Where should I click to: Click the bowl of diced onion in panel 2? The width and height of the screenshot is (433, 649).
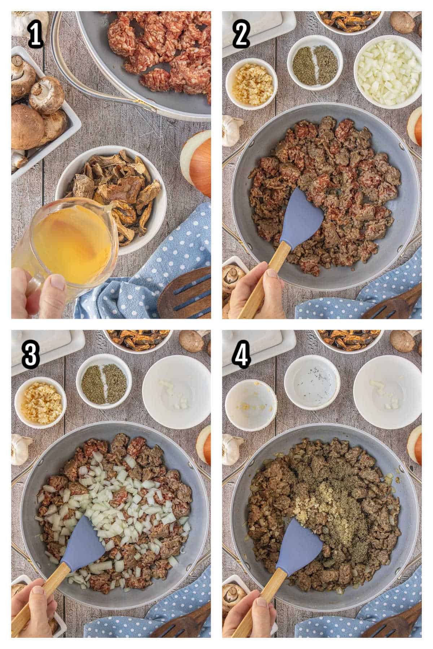[x=388, y=72]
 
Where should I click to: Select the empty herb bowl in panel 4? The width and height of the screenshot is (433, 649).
[x=312, y=383]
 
